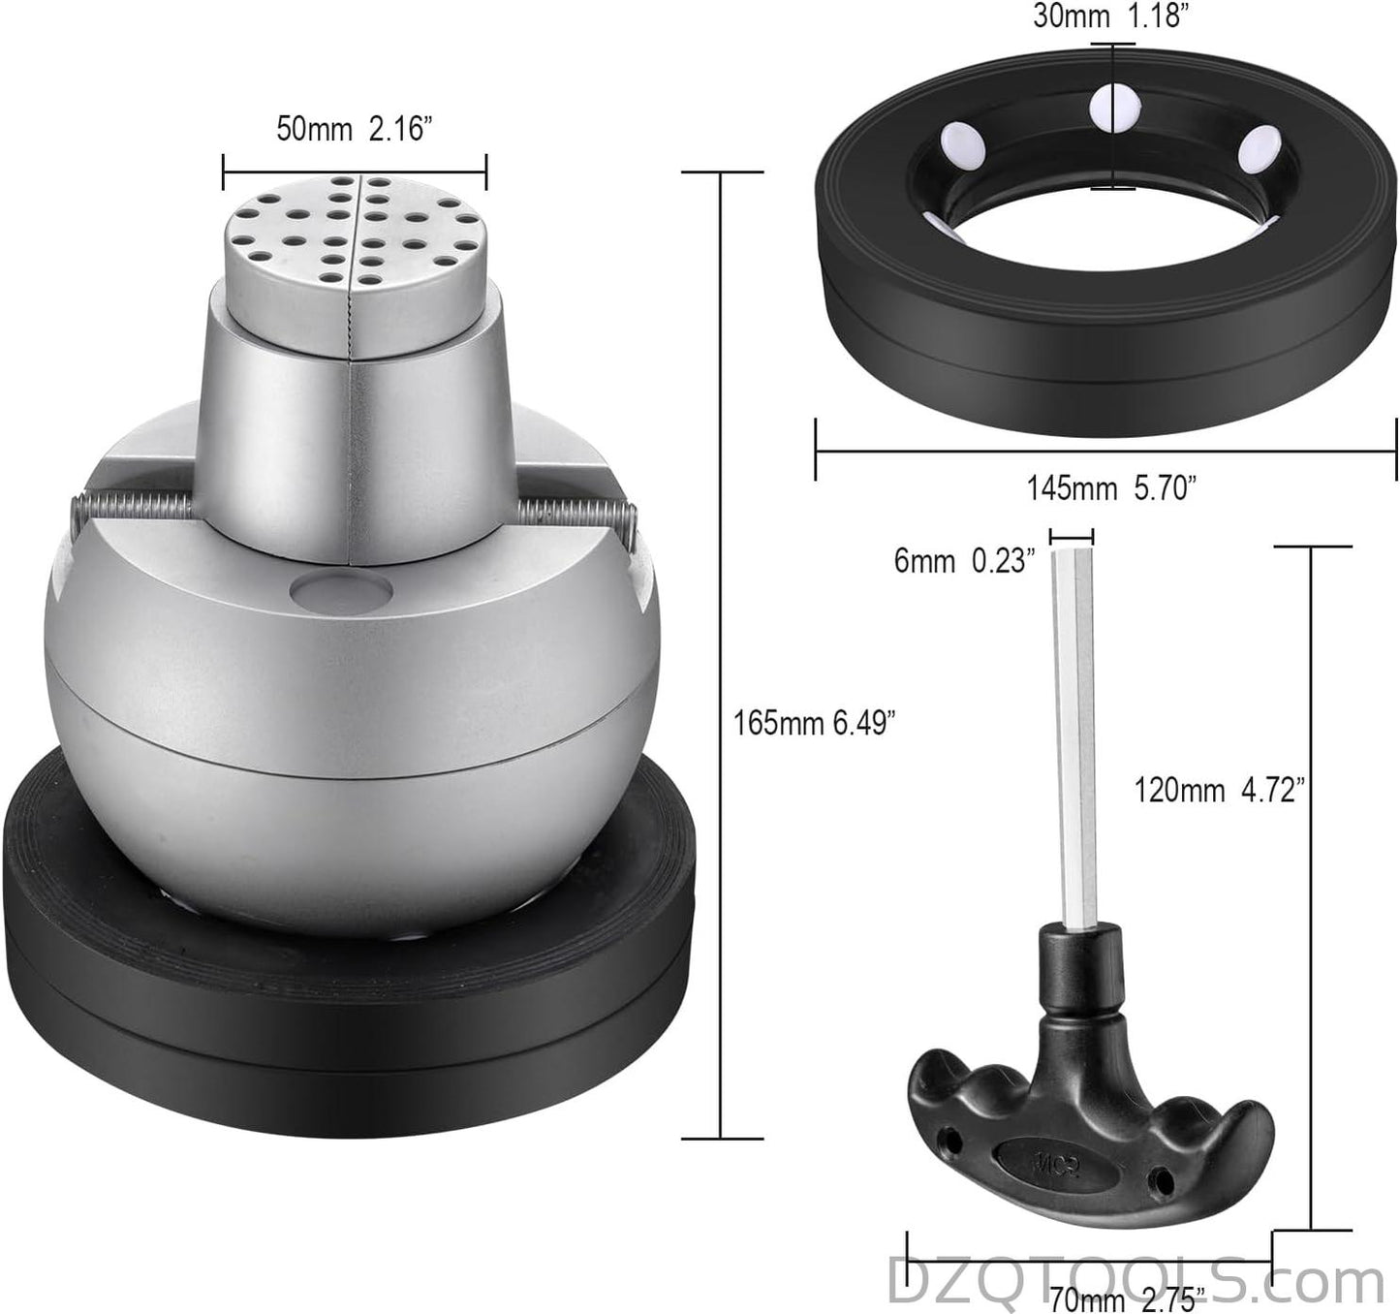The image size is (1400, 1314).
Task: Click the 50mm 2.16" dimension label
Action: coord(354,129)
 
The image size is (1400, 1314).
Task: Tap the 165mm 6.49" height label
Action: coord(814,723)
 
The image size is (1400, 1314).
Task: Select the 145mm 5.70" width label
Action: coord(1111,488)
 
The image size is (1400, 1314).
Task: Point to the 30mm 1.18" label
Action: coord(1106,16)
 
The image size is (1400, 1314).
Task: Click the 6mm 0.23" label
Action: coord(964,561)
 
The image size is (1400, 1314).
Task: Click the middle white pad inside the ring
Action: coord(1114,107)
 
